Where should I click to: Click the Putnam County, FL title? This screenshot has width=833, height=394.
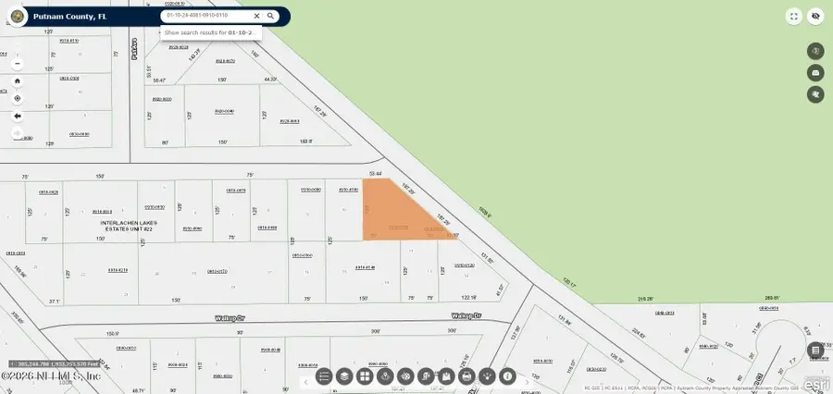69,17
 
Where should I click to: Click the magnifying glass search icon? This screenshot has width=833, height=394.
270,16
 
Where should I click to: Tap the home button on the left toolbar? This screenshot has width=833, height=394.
17,80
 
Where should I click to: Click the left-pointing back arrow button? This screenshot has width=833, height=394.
17,116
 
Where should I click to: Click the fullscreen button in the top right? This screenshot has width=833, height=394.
793,16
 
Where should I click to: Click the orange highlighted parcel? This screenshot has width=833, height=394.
393,217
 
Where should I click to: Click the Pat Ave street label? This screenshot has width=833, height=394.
134,55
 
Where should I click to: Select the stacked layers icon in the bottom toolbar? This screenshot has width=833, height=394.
344,376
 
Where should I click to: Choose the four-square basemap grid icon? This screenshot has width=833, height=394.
365,376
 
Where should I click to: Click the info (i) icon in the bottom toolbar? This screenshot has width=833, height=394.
507,376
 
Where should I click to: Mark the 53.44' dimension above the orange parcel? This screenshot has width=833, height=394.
375,173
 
